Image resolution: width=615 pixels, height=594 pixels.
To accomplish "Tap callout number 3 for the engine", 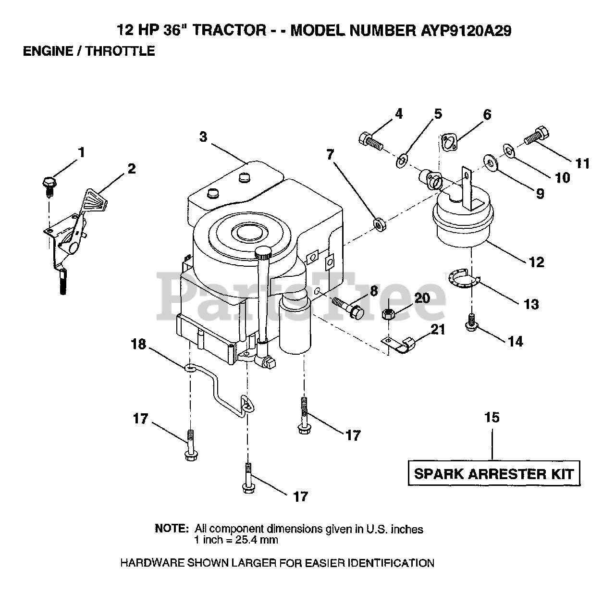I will pyautogui.click(x=203, y=136).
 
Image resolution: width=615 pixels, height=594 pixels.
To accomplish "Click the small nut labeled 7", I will pyautogui.click(x=379, y=224).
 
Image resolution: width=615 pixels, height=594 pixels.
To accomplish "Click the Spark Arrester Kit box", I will pyautogui.click(x=493, y=474).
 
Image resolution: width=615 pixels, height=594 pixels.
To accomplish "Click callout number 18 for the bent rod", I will pyautogui.click(x=138, y=345).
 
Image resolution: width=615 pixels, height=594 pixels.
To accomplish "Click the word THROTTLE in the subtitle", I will pyautogui.click(x=120, y=51).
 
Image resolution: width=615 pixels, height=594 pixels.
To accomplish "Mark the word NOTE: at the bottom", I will pyautogui.click(x=172, y=529).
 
